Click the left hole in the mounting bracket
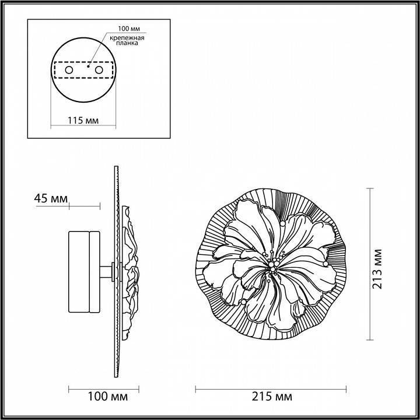(69, 70)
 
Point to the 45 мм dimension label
(50, 198)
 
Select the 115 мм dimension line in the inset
(82, 127)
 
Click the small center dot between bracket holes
(87, 66)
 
